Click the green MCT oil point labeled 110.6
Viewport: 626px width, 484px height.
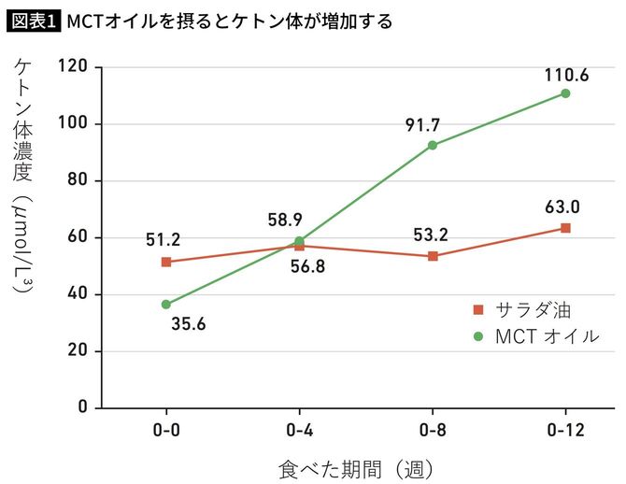(565, 93)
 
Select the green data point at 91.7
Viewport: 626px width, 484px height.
(432, 145)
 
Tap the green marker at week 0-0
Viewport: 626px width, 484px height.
(166, 305)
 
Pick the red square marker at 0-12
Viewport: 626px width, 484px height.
(565, 228)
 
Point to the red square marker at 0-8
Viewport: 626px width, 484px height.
(433, 256)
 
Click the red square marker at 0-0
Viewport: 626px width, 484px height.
(166, 263)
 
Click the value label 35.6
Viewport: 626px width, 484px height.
(189, 325)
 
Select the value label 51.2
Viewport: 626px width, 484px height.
(163, 239)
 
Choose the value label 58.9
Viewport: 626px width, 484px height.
(285, 221)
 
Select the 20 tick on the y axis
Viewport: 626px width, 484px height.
(78, 351)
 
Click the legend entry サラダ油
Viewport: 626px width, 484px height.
(533, 309)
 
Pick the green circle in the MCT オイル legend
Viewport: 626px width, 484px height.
(478, 335)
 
